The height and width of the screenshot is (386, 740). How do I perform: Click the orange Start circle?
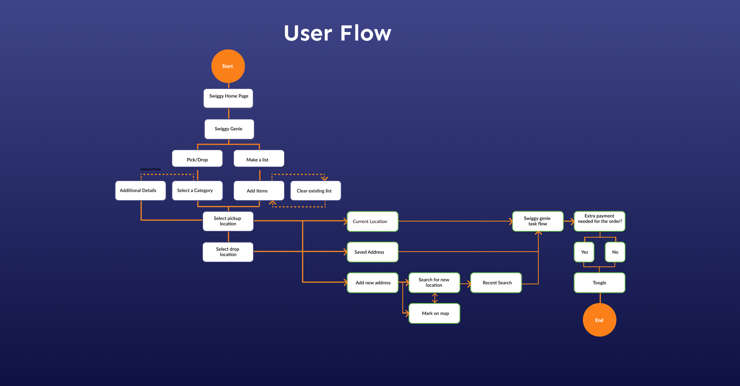point(228,66)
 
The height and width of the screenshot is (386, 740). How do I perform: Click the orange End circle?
point(599,320)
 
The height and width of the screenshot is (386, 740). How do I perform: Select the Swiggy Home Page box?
point(228,98)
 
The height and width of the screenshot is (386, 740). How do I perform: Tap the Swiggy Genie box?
point(229,129)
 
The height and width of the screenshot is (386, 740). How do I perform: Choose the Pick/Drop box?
point(197,159)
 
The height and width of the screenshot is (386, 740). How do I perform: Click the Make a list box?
point(259,159)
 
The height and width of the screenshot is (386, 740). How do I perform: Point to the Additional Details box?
point(140,191)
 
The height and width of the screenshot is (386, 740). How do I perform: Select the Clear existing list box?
point(316,191)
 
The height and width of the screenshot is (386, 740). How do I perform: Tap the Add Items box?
point(259,191)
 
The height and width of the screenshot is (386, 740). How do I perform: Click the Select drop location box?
point(228,252)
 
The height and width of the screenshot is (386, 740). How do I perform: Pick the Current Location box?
point(373,222)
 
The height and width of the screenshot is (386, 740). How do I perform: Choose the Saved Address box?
point(373,252)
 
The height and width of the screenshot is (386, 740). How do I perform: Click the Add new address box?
point(373,283)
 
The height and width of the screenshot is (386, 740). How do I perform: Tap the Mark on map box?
point(434,313)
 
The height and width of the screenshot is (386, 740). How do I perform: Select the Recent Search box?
point(496,283)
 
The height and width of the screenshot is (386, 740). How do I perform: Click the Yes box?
point(584,252)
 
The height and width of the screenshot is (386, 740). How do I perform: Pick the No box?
point(615,252)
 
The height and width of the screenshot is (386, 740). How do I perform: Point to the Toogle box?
point(600,283)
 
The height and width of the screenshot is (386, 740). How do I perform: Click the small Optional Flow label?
point(151,169)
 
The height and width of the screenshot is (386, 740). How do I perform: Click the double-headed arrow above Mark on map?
point(435,298)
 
